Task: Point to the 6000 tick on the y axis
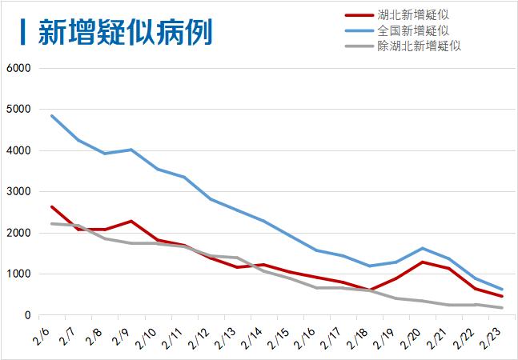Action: [x=18, y=68]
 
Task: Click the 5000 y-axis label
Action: [x=18, y=110]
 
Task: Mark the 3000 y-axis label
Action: [x=18, y=192]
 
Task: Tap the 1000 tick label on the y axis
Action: [x=18, y=274]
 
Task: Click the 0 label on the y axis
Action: [x=26, y=316]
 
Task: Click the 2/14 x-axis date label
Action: [x=254, y=334]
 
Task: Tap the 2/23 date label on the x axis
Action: [x=492, y=334]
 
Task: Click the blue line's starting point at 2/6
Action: [x=51, y=116]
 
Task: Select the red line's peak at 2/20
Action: [x=422, y=262]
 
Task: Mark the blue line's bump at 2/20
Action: [x=422, y=248]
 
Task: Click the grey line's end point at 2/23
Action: [x=501, y=308]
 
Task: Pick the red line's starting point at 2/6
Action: [x=51, y=207]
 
